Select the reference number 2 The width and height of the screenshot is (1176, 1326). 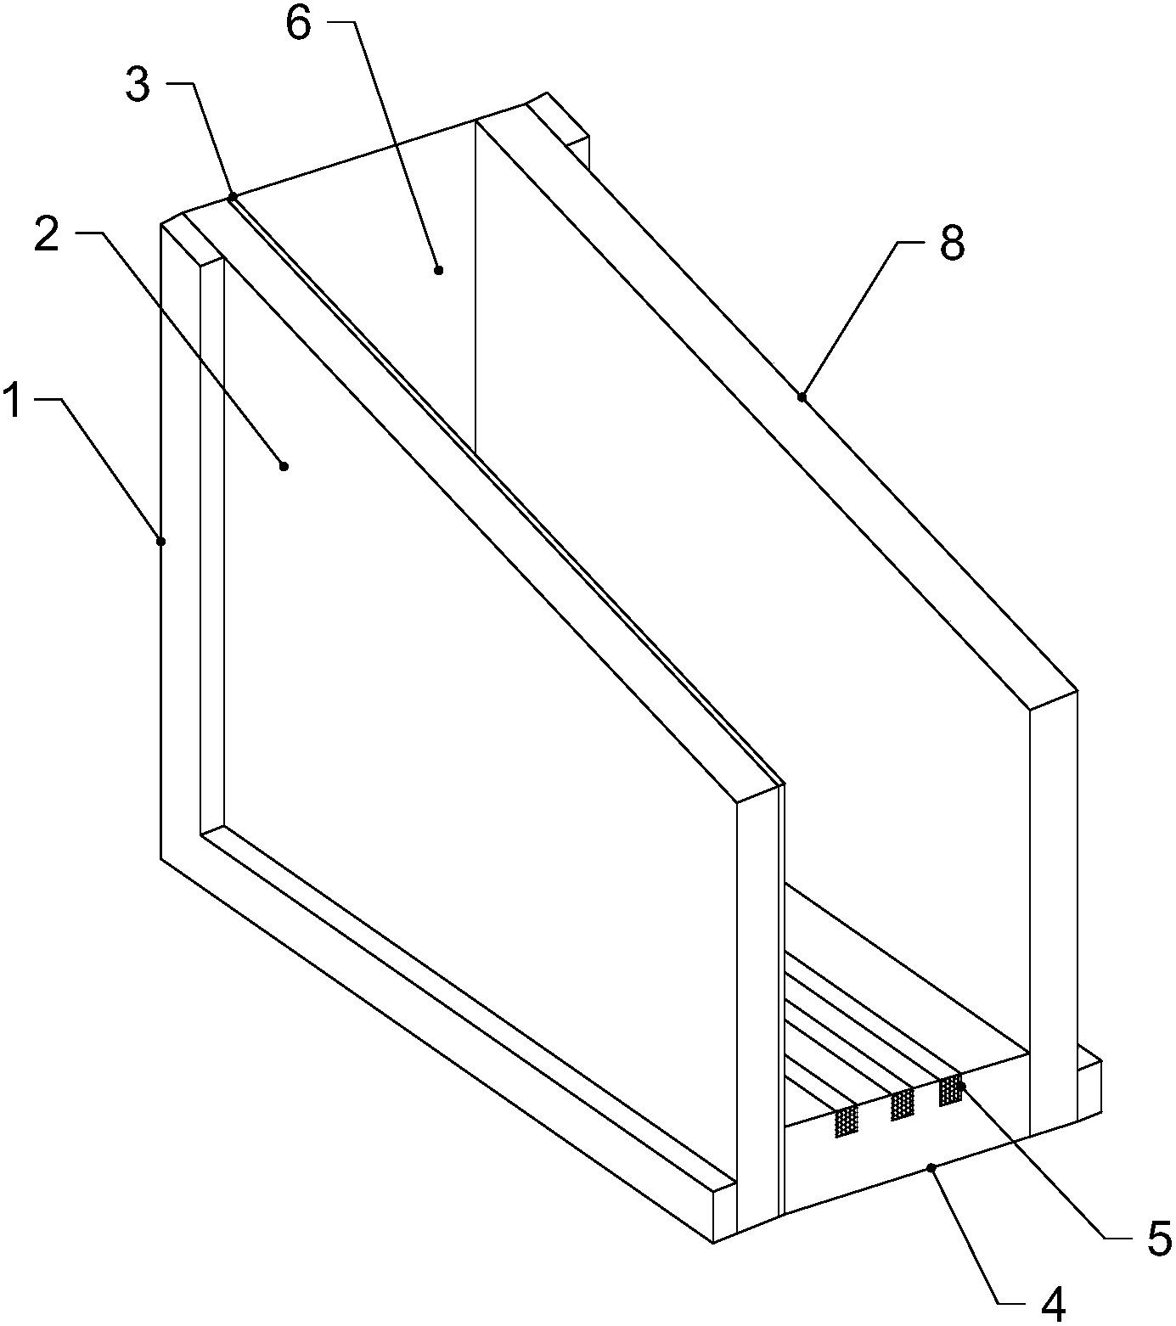(x=48, y=234)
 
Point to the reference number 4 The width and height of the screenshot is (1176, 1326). (x=1053, y=1305)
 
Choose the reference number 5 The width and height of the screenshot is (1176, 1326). (x=1158, y=1239)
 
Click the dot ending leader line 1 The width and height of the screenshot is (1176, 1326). (x=161, y=541)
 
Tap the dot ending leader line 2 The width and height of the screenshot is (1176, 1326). (x=284, y=466)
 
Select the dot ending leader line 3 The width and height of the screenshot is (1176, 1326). (x=233, y=196)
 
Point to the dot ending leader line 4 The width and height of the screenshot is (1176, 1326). (x=931, y=1168)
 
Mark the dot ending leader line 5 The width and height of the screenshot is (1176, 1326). (x=962, y=1086)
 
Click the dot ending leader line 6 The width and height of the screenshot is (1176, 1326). (x=438, y=270)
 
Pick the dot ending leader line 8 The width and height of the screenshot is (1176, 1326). (x=802, y=396)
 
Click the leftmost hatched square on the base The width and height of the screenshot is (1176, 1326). (x=847, y=1121)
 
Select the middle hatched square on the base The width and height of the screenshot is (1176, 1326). (x=902, y=1104)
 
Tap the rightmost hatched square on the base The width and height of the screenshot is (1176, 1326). (x=950, y=1090)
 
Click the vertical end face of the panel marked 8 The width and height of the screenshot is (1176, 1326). (x=1054, y=913)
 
